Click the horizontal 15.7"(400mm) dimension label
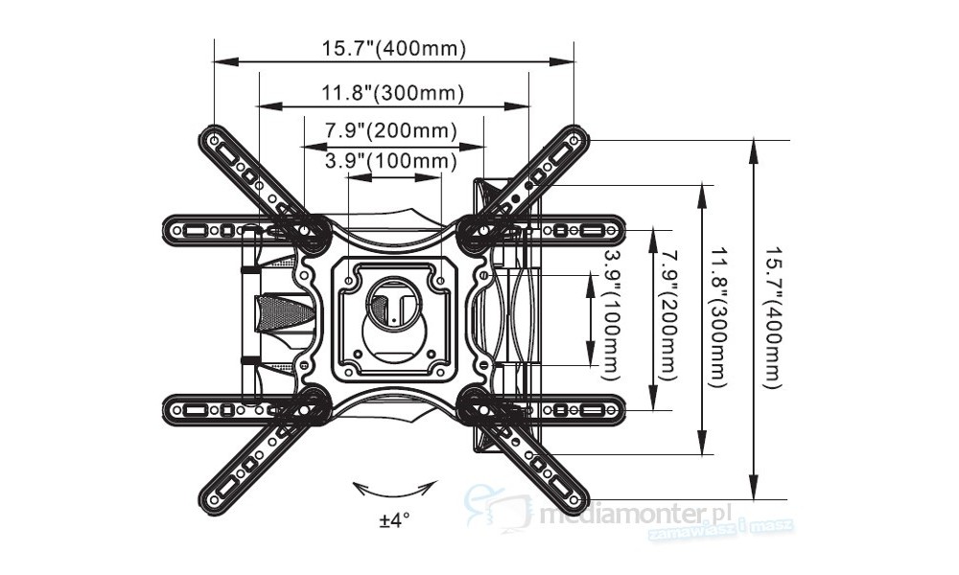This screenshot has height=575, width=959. click(393, 49)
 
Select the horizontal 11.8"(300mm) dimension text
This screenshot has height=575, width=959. click(393, 93)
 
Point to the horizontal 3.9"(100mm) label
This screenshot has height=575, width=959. click(390, 160)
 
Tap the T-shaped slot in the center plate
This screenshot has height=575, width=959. click(392, 302)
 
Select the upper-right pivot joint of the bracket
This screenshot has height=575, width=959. click(476, 233)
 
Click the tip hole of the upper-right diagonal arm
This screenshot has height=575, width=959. click(573, 140)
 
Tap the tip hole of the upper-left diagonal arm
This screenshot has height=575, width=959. click(212, 140)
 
